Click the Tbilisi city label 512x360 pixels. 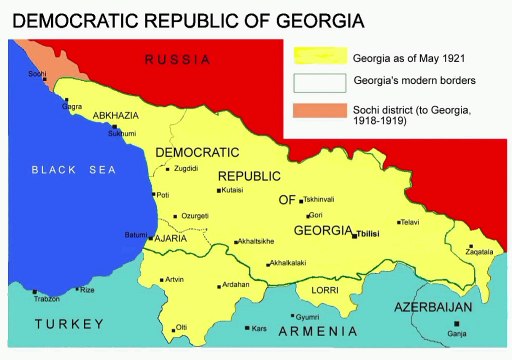tap(373, 236)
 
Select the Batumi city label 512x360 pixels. tap(135, 235)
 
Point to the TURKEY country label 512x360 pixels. tap(69, 324)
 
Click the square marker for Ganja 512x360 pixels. tap(457, 324)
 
